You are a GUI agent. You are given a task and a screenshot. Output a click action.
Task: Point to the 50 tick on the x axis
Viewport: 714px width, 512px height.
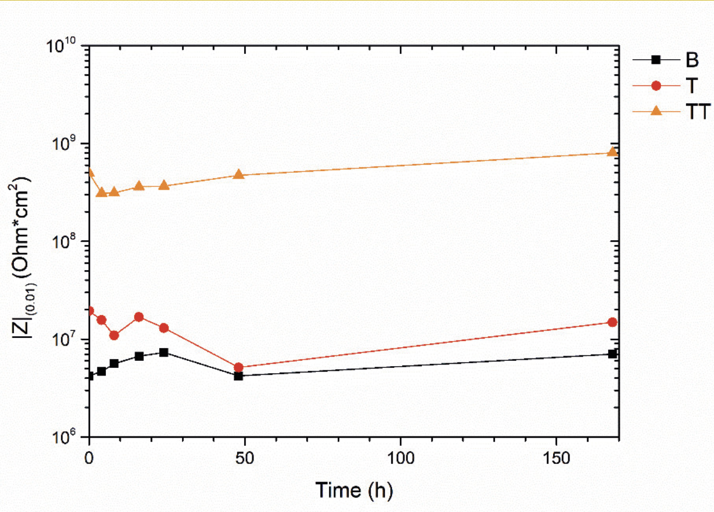pos(245,459)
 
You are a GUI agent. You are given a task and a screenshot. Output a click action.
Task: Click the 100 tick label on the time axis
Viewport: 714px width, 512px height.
pos(400,459)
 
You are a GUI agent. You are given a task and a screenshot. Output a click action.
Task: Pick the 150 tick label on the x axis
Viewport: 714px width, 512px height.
pos(555,459)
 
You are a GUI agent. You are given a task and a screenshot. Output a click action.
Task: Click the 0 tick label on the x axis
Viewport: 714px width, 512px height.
pos(89,459)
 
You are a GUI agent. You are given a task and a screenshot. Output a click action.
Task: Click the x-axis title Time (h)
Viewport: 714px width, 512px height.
pos(354,490)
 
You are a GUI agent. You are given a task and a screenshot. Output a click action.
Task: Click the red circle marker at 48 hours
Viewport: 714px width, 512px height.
pos(238,368)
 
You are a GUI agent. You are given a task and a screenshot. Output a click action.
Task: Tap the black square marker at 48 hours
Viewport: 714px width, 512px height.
pos(238,376)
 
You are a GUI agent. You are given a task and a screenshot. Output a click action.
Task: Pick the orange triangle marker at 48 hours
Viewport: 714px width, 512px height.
pos(238,175)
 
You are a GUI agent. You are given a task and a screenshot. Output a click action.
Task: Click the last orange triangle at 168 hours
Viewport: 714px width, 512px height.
pos(612,152)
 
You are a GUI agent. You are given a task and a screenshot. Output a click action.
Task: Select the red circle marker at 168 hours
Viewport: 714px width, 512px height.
pos(612,322)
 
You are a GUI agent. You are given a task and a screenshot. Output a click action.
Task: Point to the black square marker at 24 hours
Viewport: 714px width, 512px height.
pos(164,353)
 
